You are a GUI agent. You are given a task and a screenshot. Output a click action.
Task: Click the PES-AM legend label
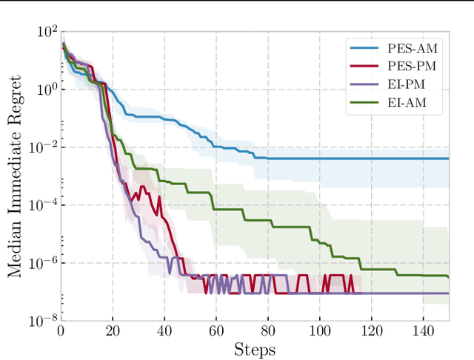416,49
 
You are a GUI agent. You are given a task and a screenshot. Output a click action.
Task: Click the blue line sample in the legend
364,49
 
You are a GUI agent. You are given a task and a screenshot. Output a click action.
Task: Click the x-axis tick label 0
61,330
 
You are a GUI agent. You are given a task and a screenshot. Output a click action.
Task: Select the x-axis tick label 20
113,330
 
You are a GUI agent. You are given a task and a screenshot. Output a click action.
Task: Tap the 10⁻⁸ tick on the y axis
43,321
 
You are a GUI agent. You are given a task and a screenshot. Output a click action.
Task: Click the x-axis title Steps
255,348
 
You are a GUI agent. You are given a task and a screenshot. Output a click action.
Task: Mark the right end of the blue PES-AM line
449,158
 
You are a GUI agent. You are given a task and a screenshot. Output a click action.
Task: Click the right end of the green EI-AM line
449,276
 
